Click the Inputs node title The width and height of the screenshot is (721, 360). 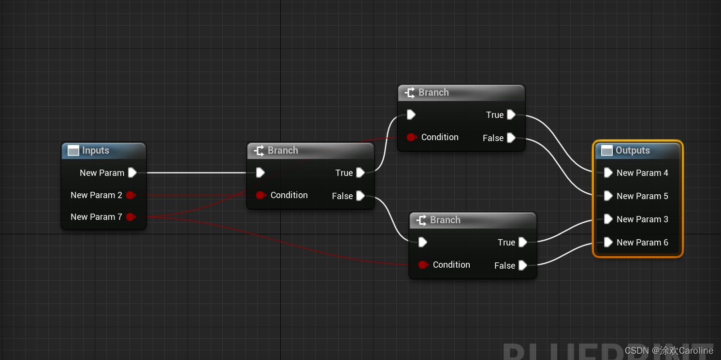click(95, 151)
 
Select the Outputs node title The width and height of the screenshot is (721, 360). click(632, 151)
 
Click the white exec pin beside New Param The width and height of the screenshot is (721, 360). click(132, 173)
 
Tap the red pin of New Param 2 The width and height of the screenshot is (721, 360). click(130, 195)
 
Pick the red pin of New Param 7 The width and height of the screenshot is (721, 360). click(130, 217)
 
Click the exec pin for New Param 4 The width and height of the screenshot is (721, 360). click(608, 173)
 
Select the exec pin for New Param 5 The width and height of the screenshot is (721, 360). click(608, 196)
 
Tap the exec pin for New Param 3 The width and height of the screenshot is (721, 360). click(608, 219)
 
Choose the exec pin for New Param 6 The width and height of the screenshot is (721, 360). click(608, 242)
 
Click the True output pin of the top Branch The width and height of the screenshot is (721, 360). click(511, 115)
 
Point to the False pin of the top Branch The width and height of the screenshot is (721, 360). click(511, 138)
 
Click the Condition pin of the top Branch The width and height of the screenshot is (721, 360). click(411, 137)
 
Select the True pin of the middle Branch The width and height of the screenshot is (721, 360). click(360, 173)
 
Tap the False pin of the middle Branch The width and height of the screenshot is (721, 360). click(360, 196)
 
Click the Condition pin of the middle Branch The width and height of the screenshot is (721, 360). click(260, 195)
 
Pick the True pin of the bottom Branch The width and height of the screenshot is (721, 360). click(522, 242)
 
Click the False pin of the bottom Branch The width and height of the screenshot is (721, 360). click(522, 265)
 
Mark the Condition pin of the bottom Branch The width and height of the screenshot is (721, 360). click(423, 265)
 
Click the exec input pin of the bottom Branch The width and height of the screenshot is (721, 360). click(422, 242)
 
